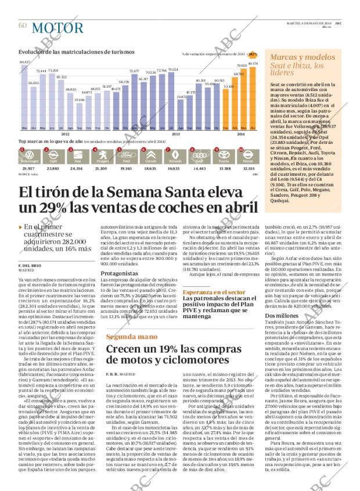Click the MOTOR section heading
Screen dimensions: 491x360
click(x=57, y=27)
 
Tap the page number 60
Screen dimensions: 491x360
click(x=23, y=26)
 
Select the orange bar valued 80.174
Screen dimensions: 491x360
click(x=253, y=96)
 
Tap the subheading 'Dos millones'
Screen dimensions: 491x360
click(x=282, y=315)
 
